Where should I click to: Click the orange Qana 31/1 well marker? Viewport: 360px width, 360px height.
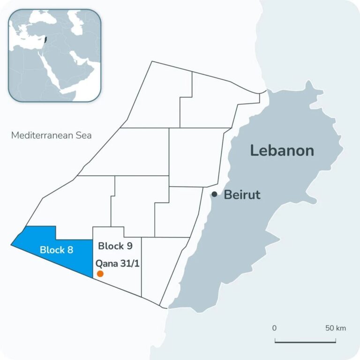[x=100, y=274]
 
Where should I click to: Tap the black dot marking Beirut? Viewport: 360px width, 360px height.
[x=214, y=194]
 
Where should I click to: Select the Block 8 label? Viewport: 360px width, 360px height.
[x=56, y=250]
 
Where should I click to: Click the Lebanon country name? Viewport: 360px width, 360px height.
[x=282, y=150]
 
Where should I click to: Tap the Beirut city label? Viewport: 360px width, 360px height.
[x=242, y=195]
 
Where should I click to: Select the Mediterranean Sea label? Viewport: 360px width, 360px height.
[x=51, y=135]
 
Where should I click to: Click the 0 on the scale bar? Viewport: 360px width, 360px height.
[x=274, y=328]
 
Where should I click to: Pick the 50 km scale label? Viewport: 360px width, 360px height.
[x=336, y=328]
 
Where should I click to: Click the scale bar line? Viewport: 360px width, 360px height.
[x=305, y=342]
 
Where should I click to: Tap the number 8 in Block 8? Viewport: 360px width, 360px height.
[x=70, y=250]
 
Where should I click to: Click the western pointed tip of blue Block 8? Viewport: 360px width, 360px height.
[x=12, y=244]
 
